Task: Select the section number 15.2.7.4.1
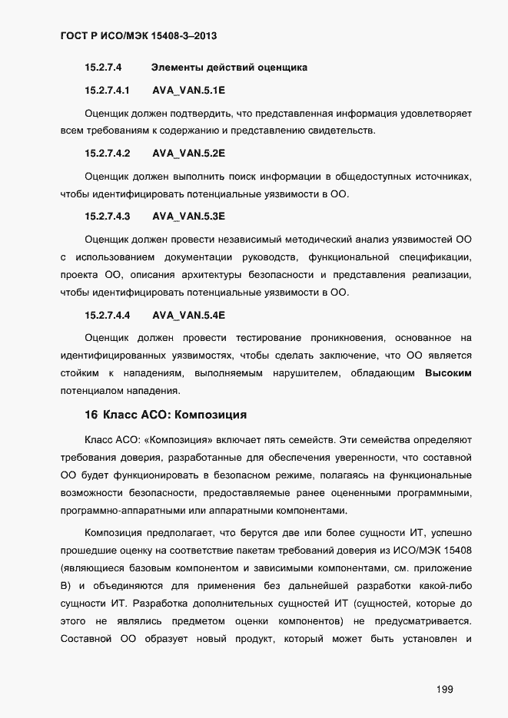click(x=108, y=90)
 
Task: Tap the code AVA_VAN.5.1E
click(x=188, y=90)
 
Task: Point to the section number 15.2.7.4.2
click(x=108, y=153)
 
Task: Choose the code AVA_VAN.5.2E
click(x=188, y=153)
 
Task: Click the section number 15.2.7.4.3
click(x=108, y=216)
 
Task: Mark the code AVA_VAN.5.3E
click(x=188, y=216)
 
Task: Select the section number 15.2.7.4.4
click(x=108, y=315)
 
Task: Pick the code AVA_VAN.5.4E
click(x=188, y=315)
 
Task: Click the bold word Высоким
click(x=448, y=374)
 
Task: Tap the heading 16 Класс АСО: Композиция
click(x=165, y=415)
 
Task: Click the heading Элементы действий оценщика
click(x=229, y=68)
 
